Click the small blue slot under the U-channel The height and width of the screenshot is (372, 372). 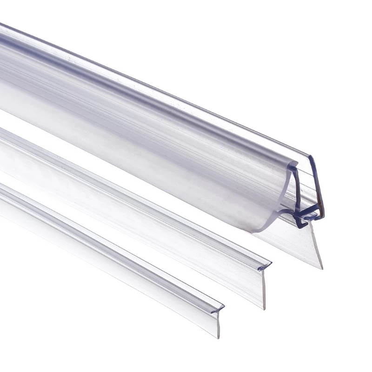307,216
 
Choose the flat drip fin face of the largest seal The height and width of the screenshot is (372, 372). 288,242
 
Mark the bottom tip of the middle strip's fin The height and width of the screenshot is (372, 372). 264,308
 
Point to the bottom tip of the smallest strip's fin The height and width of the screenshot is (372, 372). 218,337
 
